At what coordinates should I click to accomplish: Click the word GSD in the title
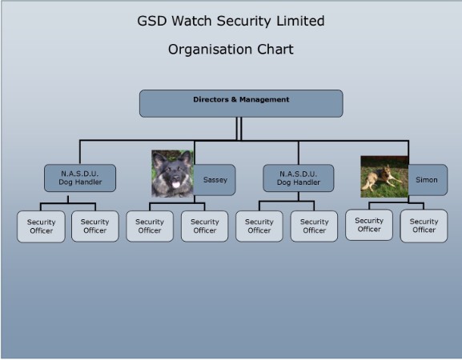coord(152,21)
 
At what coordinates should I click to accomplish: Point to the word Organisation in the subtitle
coord(210,50)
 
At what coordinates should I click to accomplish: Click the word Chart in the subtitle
coord(275,50)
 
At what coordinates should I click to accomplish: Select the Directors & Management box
coord(241,104)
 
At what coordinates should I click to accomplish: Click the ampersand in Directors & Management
coord(234,99)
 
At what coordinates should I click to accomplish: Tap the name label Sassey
coord(215,180)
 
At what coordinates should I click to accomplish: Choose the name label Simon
coord(426,180)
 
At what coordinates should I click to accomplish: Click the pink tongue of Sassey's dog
coord(176,185)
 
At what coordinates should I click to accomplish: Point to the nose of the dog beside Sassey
coord(176,178)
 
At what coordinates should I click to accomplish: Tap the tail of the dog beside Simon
coord(367,186)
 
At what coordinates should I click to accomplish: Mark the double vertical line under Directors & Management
coord(239,129)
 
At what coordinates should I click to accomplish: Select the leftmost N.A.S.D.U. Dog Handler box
coord(80,178)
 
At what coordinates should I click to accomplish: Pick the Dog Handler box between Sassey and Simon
coord(299,178)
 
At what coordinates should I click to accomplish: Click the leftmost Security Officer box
coord(41,226)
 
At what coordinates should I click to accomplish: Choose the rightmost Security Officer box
coord(424,226)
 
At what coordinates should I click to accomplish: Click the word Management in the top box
coord(264,99)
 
